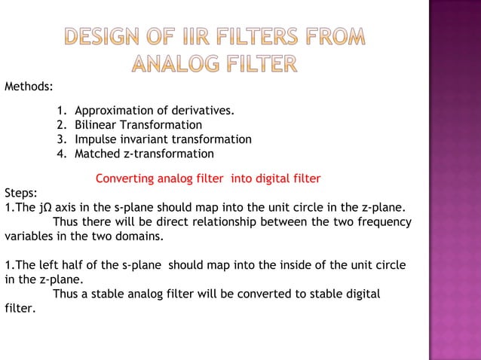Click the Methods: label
28,87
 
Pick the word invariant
143,139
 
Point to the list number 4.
60,154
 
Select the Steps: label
20,192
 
